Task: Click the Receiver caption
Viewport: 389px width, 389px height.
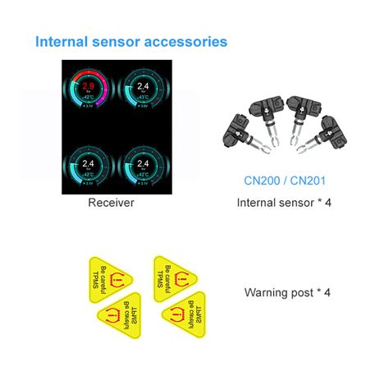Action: pos(110,202)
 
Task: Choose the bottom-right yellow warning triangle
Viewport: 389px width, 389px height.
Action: pos(187,315)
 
